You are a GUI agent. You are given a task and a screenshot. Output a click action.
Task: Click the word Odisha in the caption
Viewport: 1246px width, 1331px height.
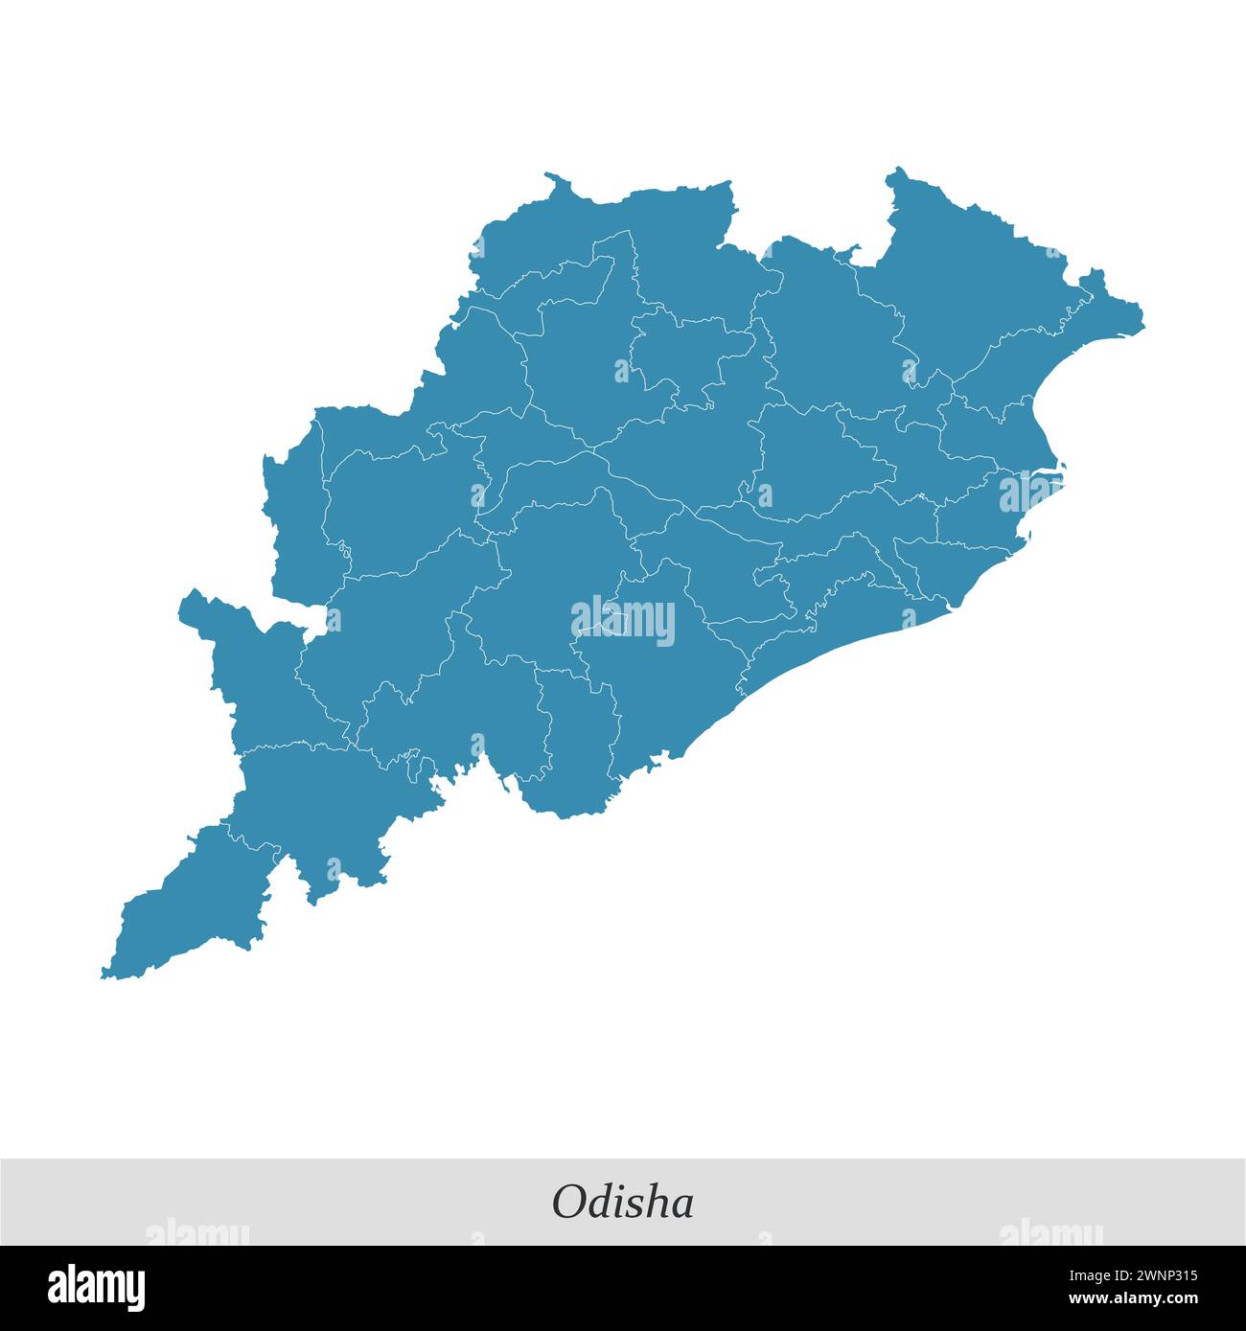point(622,1202)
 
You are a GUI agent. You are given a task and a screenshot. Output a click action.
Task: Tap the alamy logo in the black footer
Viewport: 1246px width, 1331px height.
point(96,1287)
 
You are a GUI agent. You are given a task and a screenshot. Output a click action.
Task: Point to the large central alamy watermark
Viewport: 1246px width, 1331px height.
point(623,620)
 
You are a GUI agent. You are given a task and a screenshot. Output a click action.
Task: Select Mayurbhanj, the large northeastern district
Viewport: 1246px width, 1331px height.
point(968,278)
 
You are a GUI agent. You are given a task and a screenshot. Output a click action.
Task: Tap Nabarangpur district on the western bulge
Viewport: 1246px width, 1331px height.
point(254,671)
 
